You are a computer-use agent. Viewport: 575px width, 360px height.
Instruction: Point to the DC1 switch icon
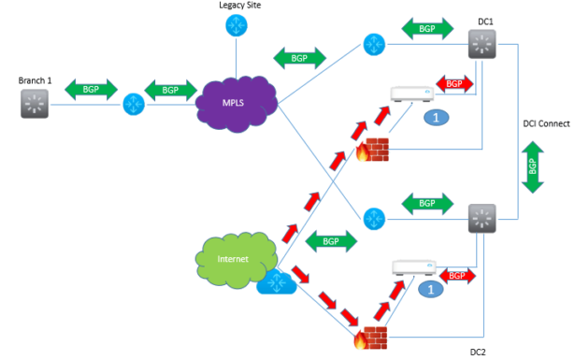pyautogui.click(x=482, y=44)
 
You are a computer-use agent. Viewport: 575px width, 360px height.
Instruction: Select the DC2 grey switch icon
pyautogui.click(x=482, y=218)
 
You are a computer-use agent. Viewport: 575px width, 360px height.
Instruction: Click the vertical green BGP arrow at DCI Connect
pyautogui.click(x=533, y=168)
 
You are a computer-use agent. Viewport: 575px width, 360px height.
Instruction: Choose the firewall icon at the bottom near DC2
pyautogui.click(x=374, y=338)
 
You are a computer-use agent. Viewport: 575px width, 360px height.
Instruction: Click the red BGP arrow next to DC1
pyautogui.click(x=453, y=85)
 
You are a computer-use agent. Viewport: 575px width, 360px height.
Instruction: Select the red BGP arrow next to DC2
pyautogui.click(x=456, y=277)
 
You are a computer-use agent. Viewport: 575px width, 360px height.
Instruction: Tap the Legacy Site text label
pyautogui.click(x=239, y=6)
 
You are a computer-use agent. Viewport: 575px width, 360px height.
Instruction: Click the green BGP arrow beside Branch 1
pyautogui.click(x=84, y=90)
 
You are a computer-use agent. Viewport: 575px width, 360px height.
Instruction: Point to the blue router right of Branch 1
pyautogui.click(x=133, y=103)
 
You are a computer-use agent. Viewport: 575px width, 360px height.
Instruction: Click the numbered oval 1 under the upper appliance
pyautogui.click(x=432, y=117)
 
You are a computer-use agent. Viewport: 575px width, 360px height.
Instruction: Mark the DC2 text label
pyautogui.click(x=479, y=353)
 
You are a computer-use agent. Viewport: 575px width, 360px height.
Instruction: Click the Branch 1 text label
pyautogui.click(x=36, y=80)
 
